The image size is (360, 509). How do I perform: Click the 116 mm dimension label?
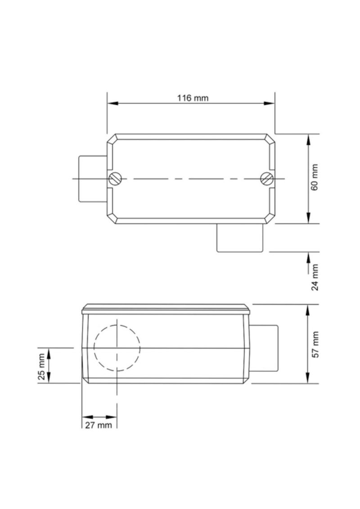193,98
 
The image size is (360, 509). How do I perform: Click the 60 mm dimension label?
315,177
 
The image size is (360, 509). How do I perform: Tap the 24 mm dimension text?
315,277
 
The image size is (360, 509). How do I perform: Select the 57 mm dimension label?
315,344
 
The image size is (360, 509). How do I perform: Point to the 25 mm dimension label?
41,366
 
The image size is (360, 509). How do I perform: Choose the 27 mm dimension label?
99,425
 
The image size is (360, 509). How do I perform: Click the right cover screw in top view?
267,179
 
